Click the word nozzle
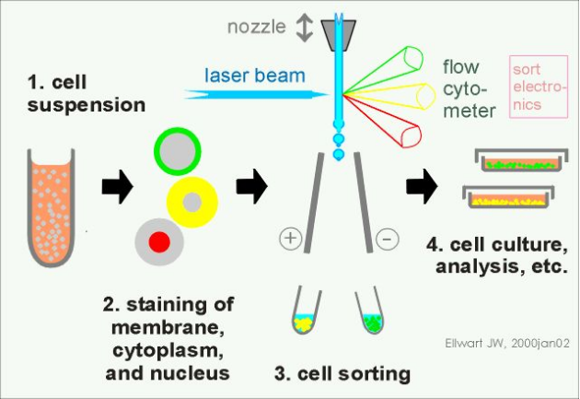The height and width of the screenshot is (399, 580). point(256,27)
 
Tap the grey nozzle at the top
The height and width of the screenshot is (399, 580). point(339,36)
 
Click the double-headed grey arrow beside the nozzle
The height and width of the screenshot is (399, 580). point(305,28)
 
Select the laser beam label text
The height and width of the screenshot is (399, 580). point(255,76)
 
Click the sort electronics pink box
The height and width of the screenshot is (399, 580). point(539,87)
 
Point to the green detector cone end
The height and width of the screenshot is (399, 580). point(413,58)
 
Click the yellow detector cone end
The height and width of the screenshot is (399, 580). point(425,96)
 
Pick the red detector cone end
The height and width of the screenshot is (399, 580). point(411,136)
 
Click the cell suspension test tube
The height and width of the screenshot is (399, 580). point(52,207)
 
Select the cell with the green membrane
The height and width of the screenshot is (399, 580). point(178,151)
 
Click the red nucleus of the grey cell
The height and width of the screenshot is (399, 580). point(159,242)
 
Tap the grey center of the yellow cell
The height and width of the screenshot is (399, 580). point(192,203)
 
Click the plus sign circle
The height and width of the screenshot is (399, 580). point(290,238)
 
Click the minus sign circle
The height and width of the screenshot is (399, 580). point(388,239)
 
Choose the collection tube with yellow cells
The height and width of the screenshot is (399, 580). point(305,311)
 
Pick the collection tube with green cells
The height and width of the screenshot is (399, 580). point(372,312)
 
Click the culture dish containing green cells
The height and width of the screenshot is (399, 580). point(521,160)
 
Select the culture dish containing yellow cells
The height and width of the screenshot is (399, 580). point(508,197)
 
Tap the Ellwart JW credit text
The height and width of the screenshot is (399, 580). point(507,343)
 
